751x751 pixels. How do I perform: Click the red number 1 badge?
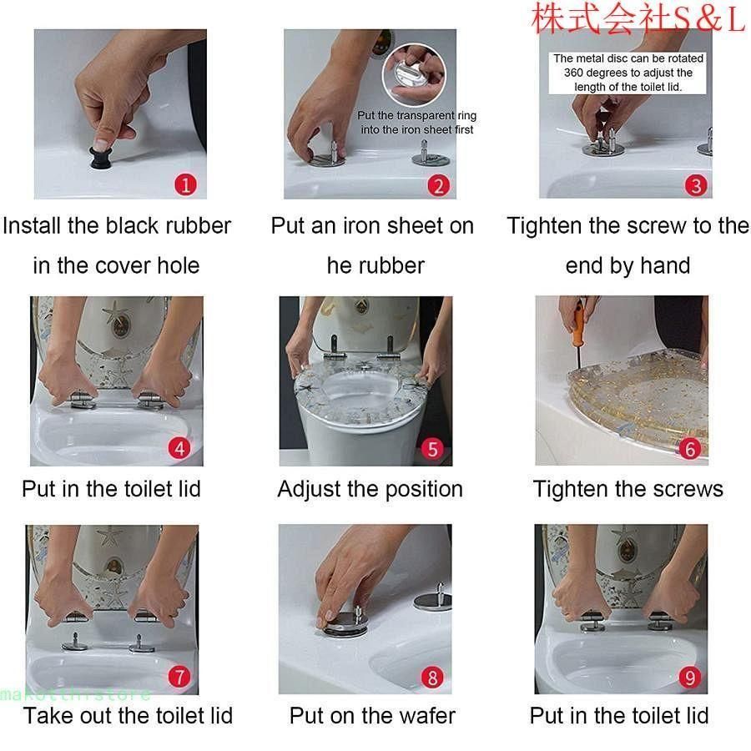coord(186,184)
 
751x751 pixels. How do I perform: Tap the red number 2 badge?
coord(438,185)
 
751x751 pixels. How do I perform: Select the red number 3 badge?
coord(696,185)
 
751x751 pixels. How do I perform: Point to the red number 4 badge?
coord(179,448)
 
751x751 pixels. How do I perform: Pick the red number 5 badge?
coord(432,449)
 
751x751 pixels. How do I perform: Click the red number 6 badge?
coord(690,449)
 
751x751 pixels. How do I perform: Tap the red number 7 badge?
coord(179,677)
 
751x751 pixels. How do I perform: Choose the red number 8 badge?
coord(432,678)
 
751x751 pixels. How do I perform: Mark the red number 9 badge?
coord(690,678)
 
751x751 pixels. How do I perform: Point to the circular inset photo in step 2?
coord(414,74)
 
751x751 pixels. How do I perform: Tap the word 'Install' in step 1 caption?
coord(33,225)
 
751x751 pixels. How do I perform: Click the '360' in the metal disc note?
coord(572,73)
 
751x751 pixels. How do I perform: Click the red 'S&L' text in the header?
coord(708,19)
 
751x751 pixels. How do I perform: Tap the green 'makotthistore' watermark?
coord(75,694)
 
